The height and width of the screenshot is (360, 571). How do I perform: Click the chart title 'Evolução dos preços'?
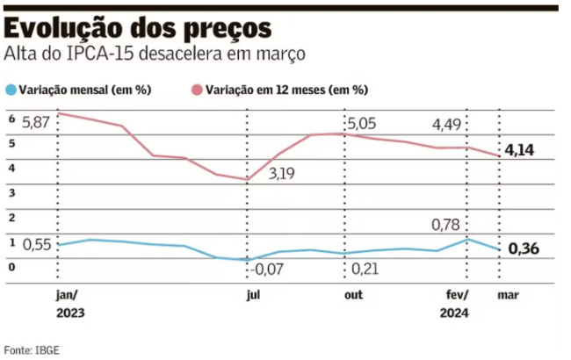click(x=137, y=26)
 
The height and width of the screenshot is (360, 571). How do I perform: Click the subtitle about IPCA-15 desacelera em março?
click(x=155, y=54)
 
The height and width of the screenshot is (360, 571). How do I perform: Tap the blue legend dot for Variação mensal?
click(x=11, y=90)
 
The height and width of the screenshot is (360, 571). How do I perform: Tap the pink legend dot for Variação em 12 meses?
click(x=197, y=90)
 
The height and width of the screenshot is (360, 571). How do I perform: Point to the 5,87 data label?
click(x=38, y=121)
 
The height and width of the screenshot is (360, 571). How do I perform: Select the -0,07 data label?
click(x=270, y=268)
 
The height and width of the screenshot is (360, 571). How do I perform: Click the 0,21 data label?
click(x=365, y=268)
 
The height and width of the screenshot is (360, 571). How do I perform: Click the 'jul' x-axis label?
click(x=253, y=295)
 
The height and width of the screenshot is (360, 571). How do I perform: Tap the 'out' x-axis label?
click(x=352, y=295)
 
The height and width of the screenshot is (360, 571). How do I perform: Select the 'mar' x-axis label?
click(x=507, y=295)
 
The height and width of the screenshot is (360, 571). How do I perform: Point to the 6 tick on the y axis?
click(x=11, y=119)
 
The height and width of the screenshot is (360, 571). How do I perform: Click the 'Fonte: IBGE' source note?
click(x=32, y=349)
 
